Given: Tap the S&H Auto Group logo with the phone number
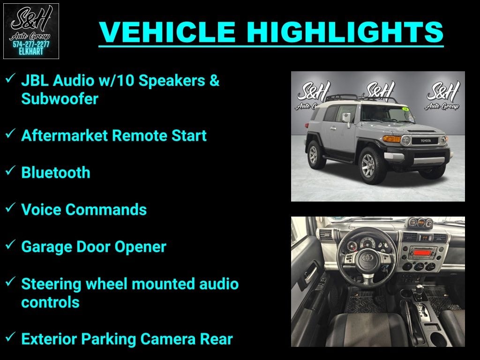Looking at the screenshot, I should (x=31, y=31).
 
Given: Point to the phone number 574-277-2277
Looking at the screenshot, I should (x=31, y=44).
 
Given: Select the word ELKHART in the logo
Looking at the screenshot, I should (x=31, y=51).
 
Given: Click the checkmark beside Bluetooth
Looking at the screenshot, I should (x=10, y=171).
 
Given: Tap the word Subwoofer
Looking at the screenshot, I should (x=60, y=99).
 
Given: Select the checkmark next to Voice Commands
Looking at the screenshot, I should (x=10, y=208).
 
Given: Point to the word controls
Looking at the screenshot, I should (x=50, y=302).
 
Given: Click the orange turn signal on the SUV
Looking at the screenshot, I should (x=392, y=139).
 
